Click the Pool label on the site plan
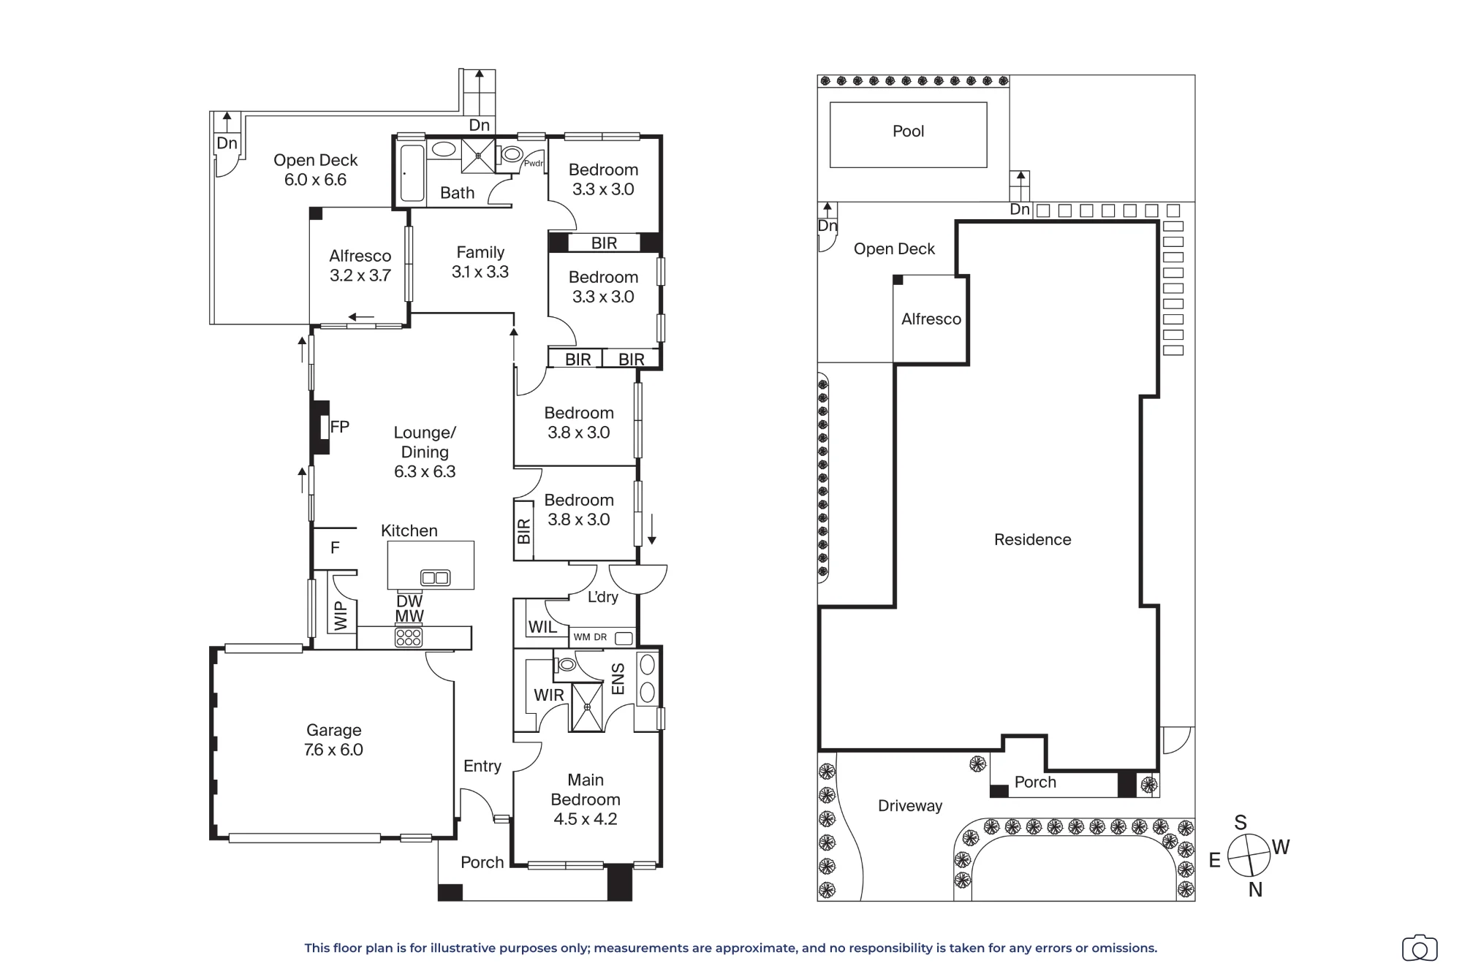[908, 132]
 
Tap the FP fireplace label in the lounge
[340, 427]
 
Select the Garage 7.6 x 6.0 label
[333, 739]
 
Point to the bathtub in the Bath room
[412, 172]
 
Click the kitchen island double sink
[436, 578]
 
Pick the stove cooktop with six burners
[408, 637]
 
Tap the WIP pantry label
[341, 616]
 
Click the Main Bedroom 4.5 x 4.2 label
[586, 799]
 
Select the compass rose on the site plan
[1249, 855]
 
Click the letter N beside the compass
[1255, 889]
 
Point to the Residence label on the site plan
[1032, 540]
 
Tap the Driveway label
[910, 806]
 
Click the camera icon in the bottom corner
[1420, 948]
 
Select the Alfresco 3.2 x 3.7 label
[360, 265]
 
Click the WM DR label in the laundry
[590, 637]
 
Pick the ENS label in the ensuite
[618, 679]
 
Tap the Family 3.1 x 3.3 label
[480, 262]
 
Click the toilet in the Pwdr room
[512, 154]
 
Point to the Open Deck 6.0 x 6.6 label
[316, 170]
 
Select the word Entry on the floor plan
[482, 766]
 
